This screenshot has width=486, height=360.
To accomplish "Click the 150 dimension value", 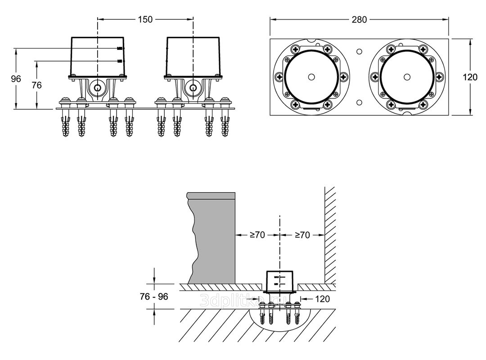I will (145, 19).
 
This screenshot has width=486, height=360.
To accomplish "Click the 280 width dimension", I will (360, 19).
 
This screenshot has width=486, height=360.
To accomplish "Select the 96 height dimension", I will (16, 79).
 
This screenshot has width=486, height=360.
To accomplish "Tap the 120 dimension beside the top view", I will (470, 77).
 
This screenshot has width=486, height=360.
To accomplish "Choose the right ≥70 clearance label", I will (302, 234).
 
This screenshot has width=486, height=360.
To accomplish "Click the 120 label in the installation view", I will (322, 298).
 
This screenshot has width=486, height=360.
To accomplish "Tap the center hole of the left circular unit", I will (311, 77).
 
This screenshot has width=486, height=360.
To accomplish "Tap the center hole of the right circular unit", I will (407, 77).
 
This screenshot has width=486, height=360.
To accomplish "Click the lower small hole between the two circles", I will (359, 102).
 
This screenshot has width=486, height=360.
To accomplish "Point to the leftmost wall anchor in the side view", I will (66, 126).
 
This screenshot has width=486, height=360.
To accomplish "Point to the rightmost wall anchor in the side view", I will (225, 126).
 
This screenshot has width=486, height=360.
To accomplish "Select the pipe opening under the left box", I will (97, 87).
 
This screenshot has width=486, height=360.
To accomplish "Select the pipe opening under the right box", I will (193, 87).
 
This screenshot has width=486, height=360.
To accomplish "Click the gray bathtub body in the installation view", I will (214, 238).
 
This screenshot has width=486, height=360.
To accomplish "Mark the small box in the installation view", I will (279, 281).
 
